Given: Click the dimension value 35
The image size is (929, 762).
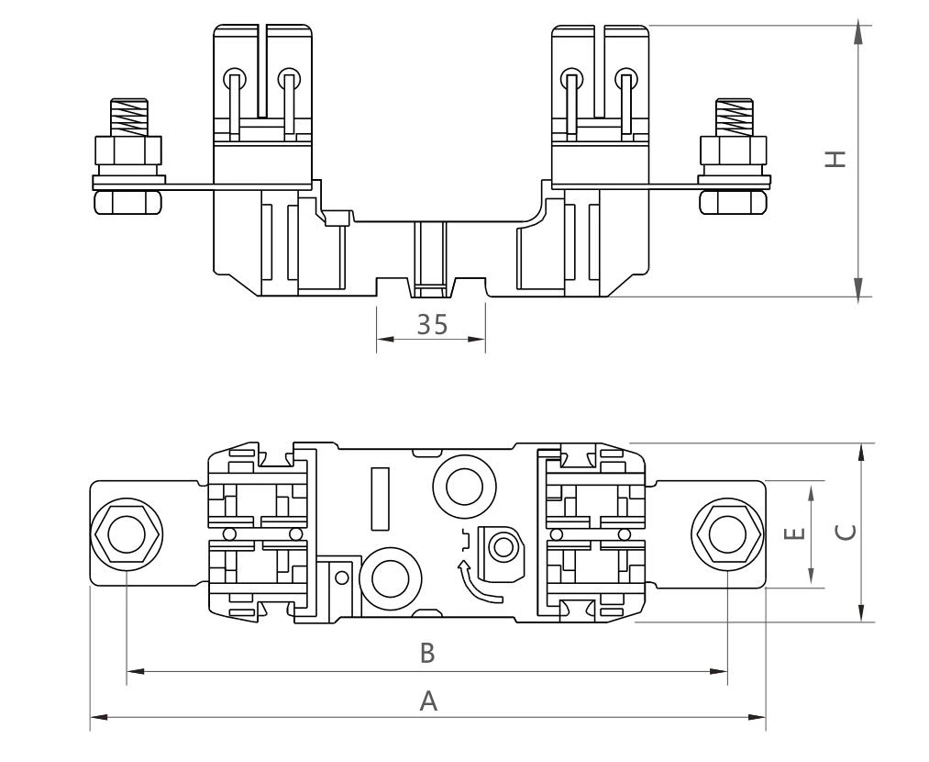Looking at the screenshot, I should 431,324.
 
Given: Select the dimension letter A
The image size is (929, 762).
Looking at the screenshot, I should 427,701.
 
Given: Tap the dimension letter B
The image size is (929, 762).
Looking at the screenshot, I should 426,654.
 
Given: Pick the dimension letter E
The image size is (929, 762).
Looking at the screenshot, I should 796,533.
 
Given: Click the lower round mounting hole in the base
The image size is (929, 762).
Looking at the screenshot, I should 390,578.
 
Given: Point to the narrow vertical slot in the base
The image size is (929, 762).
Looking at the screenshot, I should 380,499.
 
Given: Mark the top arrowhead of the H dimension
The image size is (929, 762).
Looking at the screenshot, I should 857,33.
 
